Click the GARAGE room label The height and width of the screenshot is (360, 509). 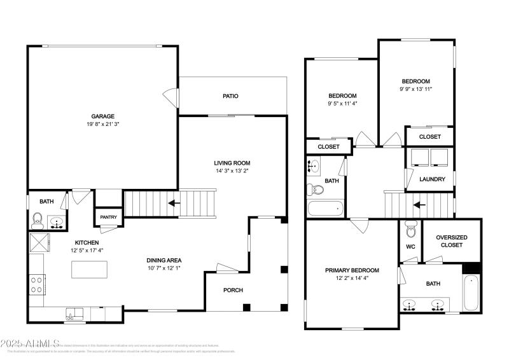pyautogui.click(x=102, y=116)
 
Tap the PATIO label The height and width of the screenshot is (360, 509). pyautogui.click(x=230, y=96)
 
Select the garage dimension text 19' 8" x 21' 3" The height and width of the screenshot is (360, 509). pyautogui.click(x=102, y=124)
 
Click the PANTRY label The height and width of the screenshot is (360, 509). pyautogui.click(x=108, y=217)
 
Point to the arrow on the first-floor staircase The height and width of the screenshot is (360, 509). pyautogui.click(x=172, y=204)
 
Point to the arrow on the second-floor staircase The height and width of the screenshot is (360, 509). pyautogui.click(x=417, y=205)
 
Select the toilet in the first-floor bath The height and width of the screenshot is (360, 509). pyautogui.click(x=38, y=221)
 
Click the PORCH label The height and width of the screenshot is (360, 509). pyautogui.click(x=234, y=290)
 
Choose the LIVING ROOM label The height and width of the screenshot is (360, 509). pyautogui.click(x=232, y=163)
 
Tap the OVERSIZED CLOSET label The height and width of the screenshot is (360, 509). pyautogui.click(x=452, y=241)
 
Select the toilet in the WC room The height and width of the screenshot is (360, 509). pyautogui.click(x=410, y=228)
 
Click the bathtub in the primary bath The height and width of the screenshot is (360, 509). pyautogui.click(x=471, y=293)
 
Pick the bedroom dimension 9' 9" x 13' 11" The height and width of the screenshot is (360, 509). pyautogui.click(x=415, y=89)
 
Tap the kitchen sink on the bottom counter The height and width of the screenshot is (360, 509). pyautogui.click(x=75, y=312)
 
